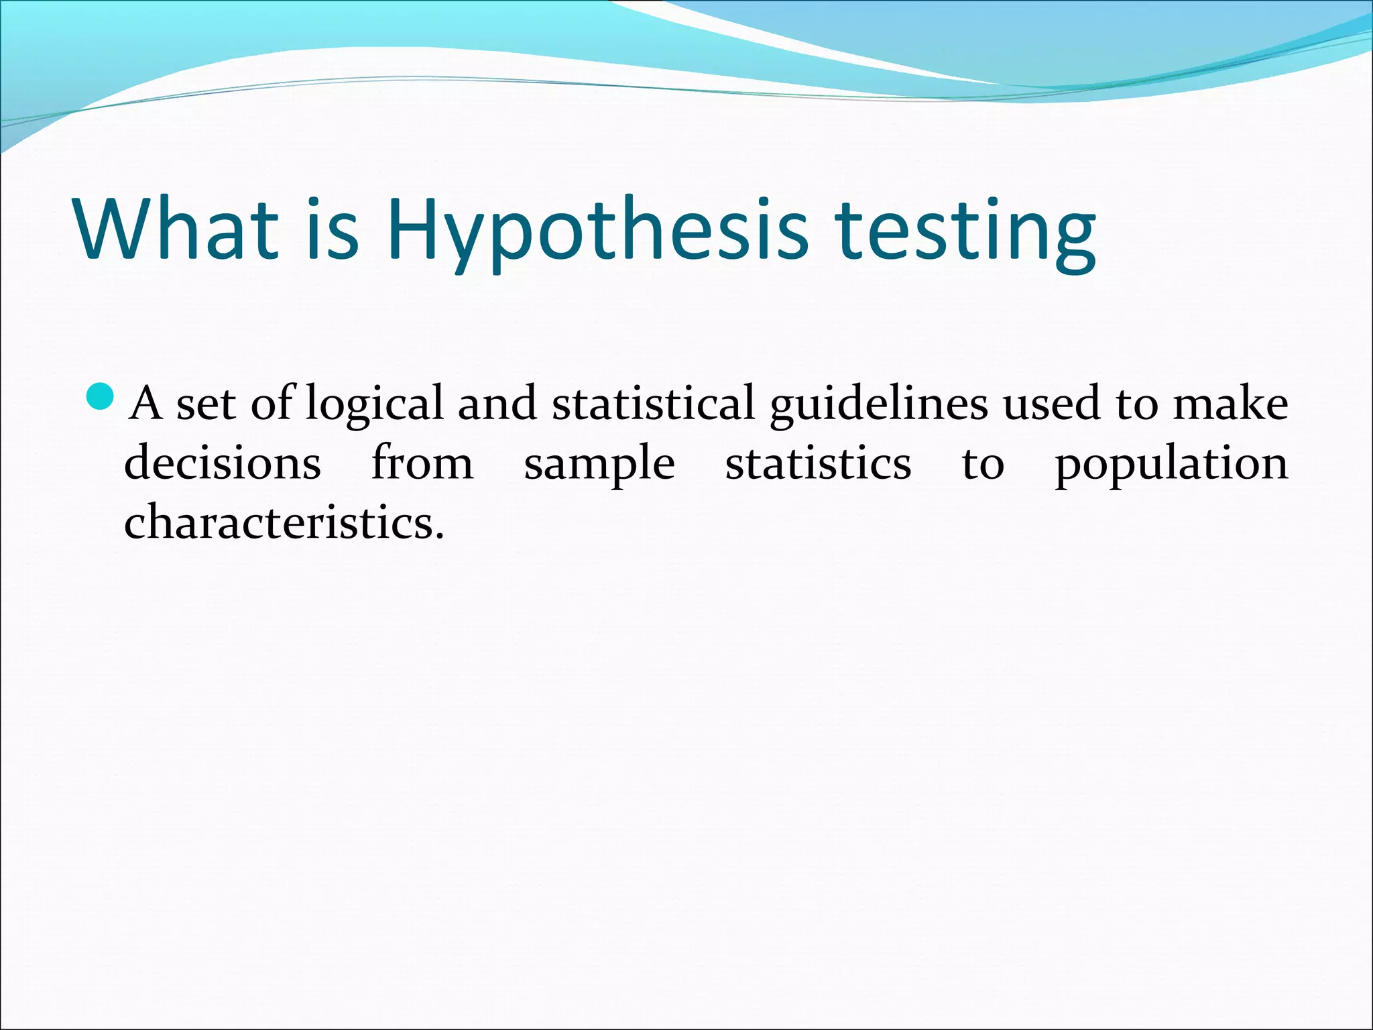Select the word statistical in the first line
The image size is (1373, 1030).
pyautogui.click(x=654, y=403)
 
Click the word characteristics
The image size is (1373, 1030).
pyautogui.click(x=284, y=522)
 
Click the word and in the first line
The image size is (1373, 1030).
pyautogui.click(x=497, y=403)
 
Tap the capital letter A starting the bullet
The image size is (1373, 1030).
pyautogui.click(x=146, y=403)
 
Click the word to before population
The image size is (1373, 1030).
pyautogui.click(x=983, y=464)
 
